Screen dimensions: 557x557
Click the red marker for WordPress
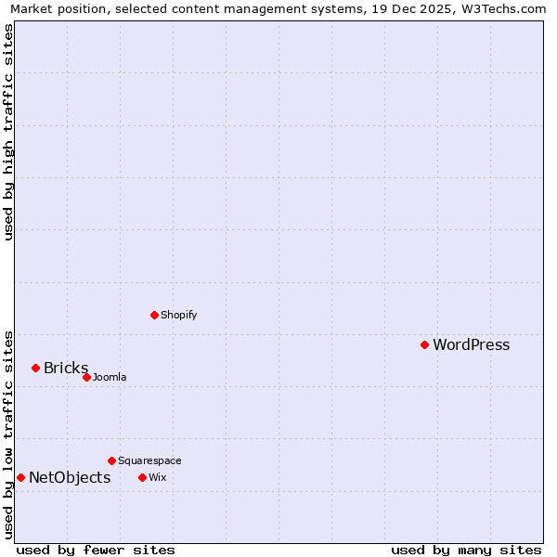[424, 344]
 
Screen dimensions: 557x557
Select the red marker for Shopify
[154, 315]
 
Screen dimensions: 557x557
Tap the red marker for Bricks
[35, 368]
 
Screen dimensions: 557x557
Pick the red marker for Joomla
[86, 377]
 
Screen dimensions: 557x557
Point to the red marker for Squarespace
[111, 460]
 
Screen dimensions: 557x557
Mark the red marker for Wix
[142, 477]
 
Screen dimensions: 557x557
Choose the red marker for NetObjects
[20, 477]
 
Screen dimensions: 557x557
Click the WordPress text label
[471, 345]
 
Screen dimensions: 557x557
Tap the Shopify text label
[178, 315]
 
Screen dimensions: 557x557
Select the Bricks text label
[66, 369]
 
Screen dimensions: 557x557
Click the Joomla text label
[110, 377]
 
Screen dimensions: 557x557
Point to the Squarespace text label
[149, 460]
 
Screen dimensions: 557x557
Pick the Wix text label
[157, 477]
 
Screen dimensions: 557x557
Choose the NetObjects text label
[70, 478]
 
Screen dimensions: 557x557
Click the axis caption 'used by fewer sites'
[96, 550]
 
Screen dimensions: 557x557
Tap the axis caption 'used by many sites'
[466, 550]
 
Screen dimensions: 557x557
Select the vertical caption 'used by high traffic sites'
[8, 132]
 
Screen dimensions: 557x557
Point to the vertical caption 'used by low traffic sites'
[8, 434]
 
